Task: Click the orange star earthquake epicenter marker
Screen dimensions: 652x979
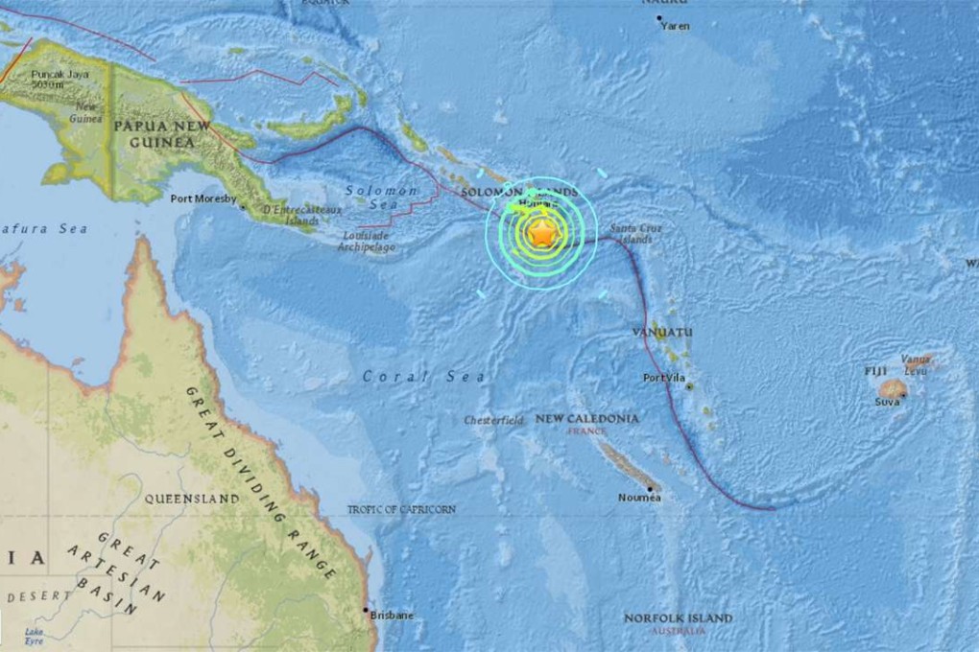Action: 542,232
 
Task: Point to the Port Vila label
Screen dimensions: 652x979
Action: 664,378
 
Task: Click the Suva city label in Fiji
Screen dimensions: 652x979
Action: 886,402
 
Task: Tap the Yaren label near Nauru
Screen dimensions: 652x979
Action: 675,26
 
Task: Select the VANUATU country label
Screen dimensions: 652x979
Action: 662,332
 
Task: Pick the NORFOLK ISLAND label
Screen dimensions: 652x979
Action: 678,618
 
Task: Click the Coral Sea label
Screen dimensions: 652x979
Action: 424,377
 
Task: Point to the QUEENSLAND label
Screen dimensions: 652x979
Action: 191,500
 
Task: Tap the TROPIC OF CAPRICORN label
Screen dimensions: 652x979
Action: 401,510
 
